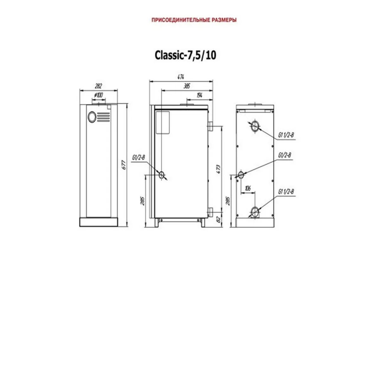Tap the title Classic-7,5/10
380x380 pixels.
(x=185, y=55)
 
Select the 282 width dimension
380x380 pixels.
(x=98, y=86)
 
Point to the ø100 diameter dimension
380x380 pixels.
(x=98, y=95)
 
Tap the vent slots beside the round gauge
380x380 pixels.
(x=103, y=117)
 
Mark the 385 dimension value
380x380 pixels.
(x=187, y=86)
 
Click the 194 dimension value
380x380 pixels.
(x=199, y=95)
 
